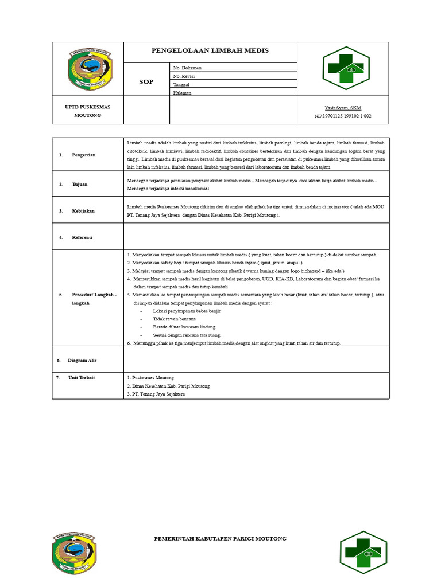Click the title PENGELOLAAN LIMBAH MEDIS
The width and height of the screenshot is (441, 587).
[210, 51]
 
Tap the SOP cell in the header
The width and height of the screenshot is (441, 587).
[146, 82]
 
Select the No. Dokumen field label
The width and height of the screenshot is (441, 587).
[187, 68]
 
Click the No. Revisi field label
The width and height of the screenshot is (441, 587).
[185, 76]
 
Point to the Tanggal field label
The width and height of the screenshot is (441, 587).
[181, 84]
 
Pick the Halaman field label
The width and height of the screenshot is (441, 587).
[182, 92]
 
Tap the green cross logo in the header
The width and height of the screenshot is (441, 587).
[345, 68]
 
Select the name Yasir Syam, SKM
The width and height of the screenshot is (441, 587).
[343, 108]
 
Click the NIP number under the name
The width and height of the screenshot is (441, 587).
[343, 116]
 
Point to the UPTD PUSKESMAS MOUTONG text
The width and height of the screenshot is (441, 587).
[87, 111]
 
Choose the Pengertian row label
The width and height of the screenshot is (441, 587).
[84, 155]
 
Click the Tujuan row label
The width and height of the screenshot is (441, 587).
[80, 185]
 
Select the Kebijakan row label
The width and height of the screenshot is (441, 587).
[83, 211]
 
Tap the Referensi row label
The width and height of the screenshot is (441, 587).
[82, 237]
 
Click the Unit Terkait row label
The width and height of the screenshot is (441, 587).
[82, 378]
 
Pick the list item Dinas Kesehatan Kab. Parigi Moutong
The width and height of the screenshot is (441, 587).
[168, 386]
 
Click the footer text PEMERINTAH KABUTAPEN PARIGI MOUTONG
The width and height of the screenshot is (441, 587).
[220, 539]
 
